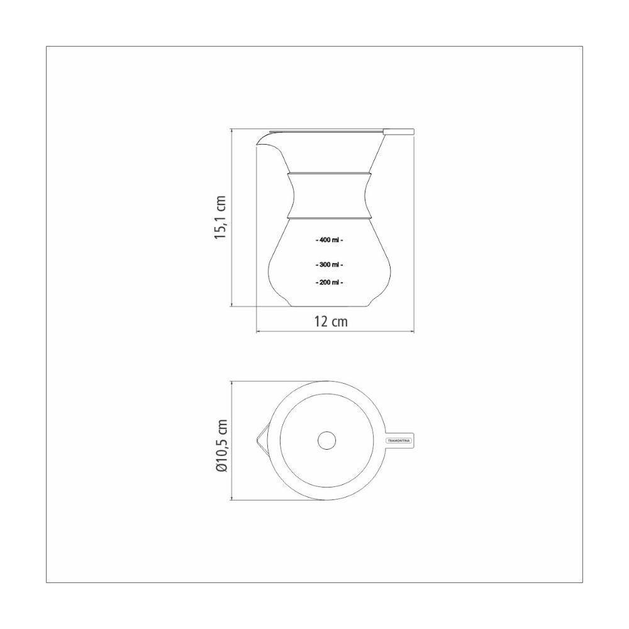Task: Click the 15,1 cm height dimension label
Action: [220, 217]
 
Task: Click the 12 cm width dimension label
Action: [331, 321]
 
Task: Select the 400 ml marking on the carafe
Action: [329, 240]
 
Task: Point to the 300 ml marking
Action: [329, 265]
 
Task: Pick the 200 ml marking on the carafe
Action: [329, 283]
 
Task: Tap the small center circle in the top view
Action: [326, 441]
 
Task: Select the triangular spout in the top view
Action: [260, 440]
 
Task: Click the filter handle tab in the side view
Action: [400, 131]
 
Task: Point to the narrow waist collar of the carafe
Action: [329, 195]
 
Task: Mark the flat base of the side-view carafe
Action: [329, 307]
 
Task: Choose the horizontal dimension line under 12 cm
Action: [335, 332]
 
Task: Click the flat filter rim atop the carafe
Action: [327, 131]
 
